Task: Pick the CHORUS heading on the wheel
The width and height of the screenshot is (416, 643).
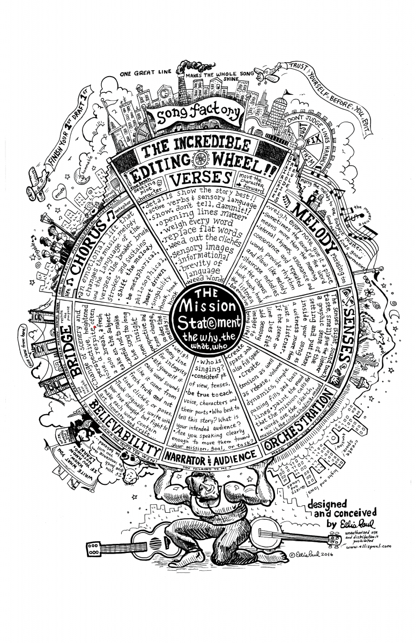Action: click(91, 241)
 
